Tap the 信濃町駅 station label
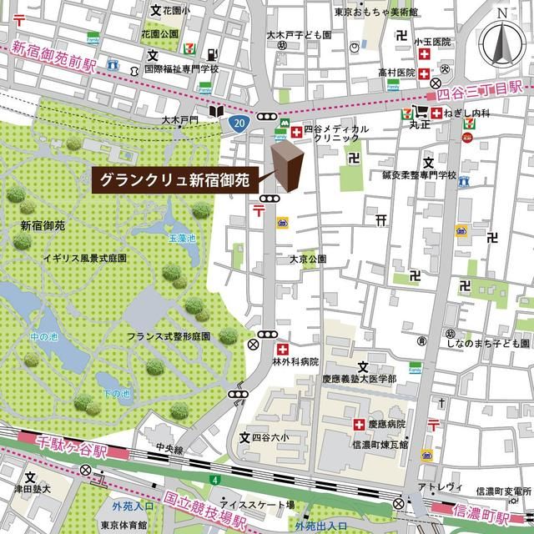click(484, 507)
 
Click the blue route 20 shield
click(239, 123)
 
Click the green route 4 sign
click(214, 480)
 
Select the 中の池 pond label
click(42, 337)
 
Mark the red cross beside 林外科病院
click(283, 348)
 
